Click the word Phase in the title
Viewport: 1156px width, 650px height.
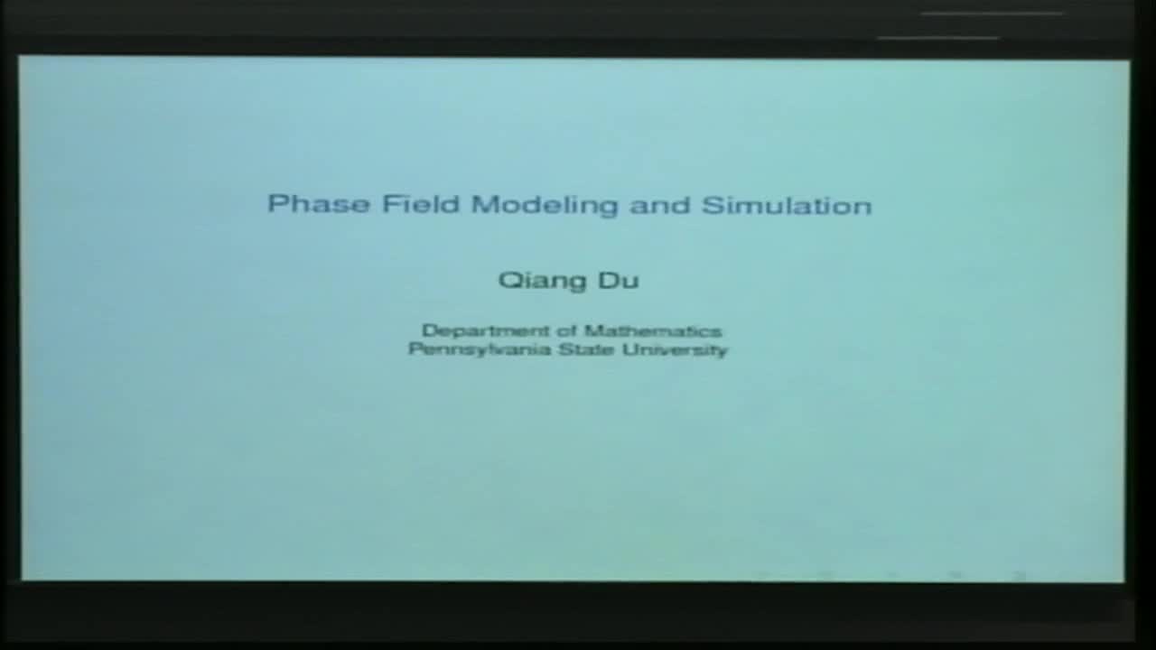319,204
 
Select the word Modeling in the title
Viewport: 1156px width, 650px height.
545,206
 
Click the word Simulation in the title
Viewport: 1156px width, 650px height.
787,206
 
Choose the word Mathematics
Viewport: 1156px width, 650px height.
652,331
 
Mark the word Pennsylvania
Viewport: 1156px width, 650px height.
480,349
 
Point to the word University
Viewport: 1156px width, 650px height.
672,349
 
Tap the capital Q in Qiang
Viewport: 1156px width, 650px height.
508,280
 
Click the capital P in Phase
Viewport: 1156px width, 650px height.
276,203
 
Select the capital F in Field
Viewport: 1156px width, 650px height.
390,203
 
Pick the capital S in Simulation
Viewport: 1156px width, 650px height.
711,205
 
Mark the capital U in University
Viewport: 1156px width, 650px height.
623,348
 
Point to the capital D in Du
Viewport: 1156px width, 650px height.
609,280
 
